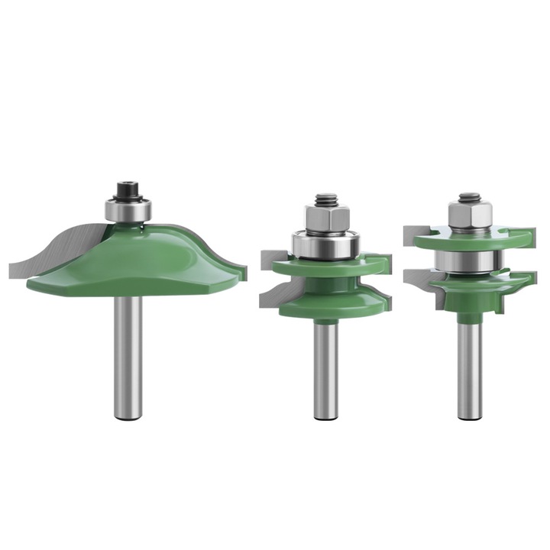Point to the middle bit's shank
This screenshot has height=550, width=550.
pos(324,367)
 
